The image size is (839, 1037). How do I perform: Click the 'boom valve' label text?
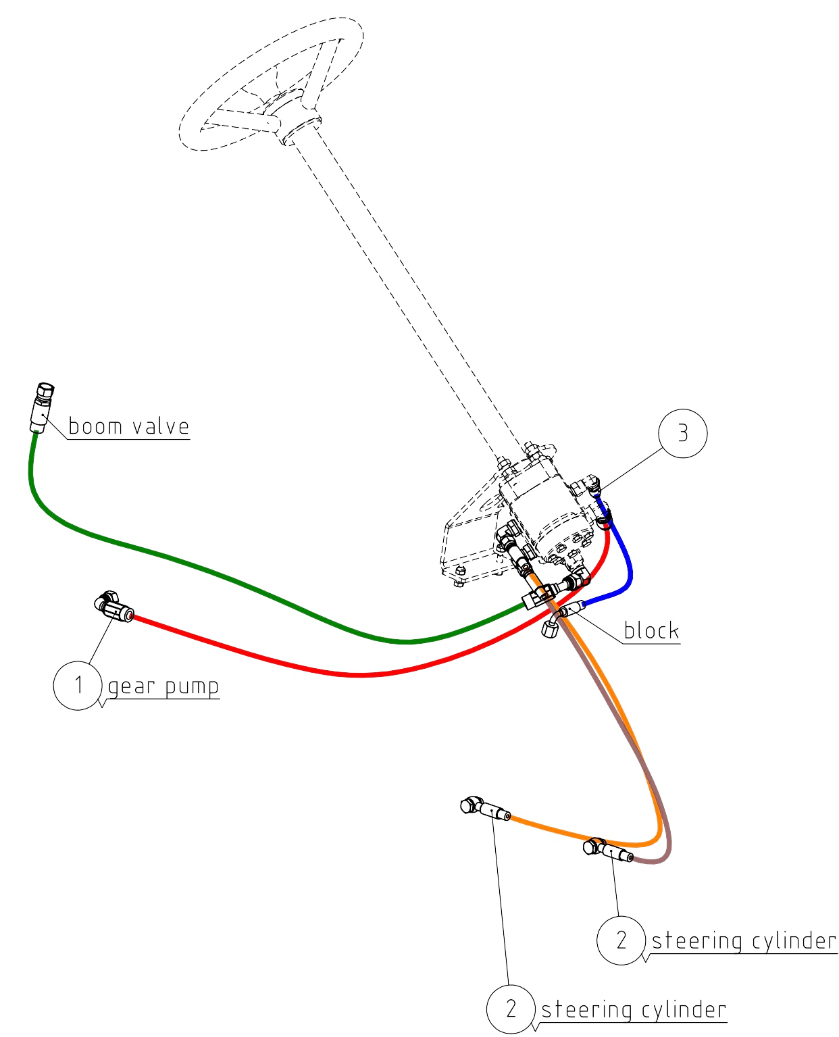128,426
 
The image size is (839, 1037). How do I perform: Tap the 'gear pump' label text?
163,686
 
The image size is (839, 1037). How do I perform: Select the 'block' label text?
651,630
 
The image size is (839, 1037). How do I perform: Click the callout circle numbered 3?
682,433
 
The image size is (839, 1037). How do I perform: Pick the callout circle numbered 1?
78,686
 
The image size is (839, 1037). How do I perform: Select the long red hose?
360,674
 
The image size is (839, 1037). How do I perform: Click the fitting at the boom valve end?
41,407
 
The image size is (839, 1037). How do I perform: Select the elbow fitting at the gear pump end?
113,607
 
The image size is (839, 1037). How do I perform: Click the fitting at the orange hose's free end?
484,809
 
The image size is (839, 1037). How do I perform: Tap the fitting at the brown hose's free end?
607,850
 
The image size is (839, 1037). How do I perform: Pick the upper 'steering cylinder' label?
743,940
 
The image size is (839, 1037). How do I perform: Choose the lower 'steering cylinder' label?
633,1009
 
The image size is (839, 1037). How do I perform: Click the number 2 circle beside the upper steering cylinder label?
621,940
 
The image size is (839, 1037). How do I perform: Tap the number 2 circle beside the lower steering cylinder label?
511,1009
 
